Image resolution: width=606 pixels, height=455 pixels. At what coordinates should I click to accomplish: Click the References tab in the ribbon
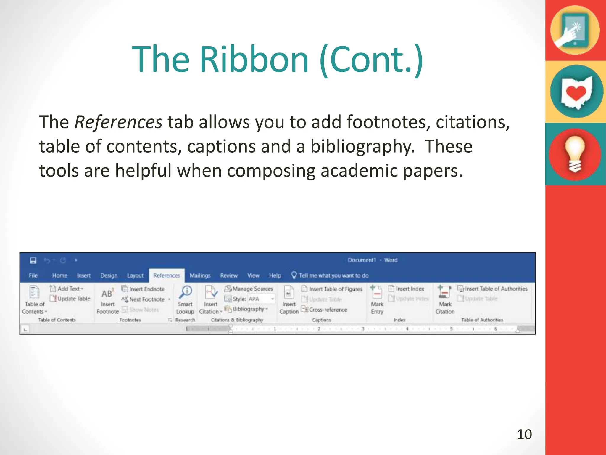click(x=167, y=275)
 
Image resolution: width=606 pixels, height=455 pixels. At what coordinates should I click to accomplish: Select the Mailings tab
click(x=200, y=275)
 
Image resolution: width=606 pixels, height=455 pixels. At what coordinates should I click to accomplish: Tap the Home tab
click(x=60, y=275)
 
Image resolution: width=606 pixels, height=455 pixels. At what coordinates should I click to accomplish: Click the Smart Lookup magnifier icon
click(x=186, y=292)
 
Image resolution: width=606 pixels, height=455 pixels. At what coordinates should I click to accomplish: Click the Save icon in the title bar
click(x=33, y=260)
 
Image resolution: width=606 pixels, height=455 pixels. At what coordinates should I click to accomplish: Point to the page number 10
click(x=524, y=434)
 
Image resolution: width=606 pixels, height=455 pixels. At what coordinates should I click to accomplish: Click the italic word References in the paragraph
click(x=118, y=122)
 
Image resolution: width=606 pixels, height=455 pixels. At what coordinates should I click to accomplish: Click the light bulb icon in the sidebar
click(x=575, y=154)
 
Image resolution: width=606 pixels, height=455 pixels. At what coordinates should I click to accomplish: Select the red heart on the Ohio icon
click(x=576, y=93)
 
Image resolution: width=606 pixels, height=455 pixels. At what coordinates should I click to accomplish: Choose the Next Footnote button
click(x=147, y=299)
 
